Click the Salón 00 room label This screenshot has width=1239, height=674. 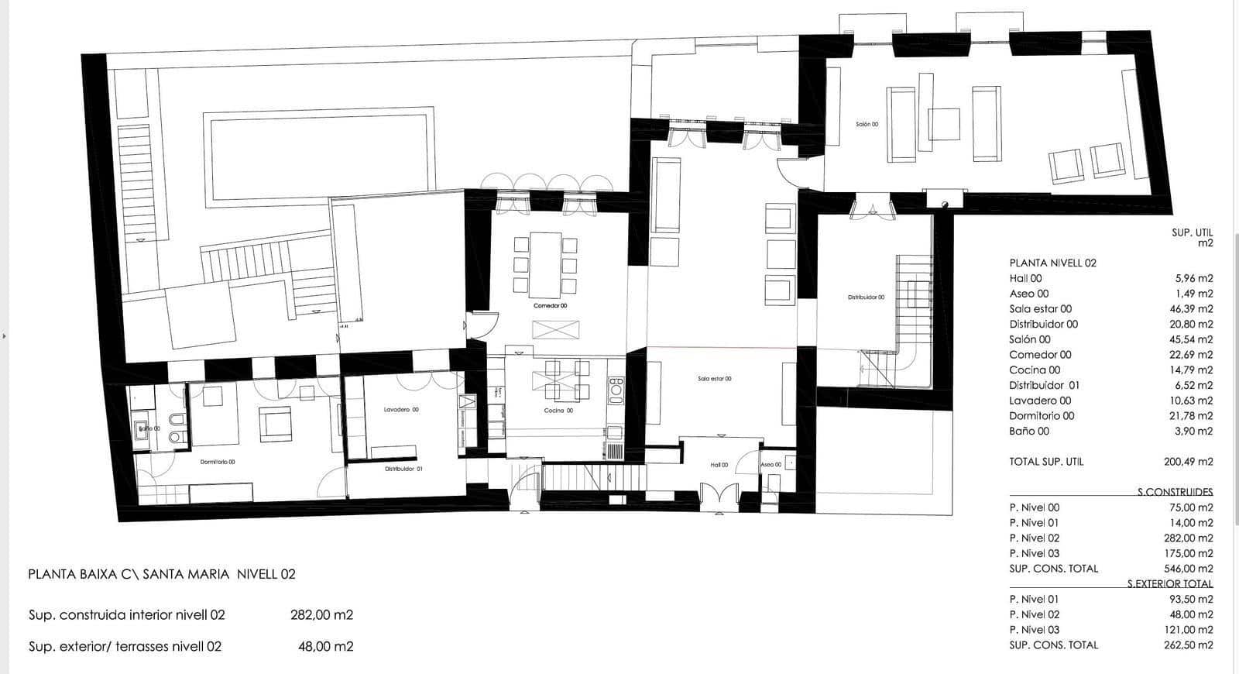pyautogui.click(x=867, y=124)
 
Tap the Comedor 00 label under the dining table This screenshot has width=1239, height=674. pyautogui.click(x=550, y=305)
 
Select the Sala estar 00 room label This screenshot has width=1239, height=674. pyautogui.click(x=714, y=379)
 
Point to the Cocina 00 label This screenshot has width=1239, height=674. pyautogui.click(x=558, y=410)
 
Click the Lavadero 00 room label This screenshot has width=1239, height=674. pyautogui.click(x=401, y=409)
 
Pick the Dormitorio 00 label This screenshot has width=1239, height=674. pyautogui.click(x=218, y=462)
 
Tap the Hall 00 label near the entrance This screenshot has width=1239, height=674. pyautogui.click(x=719, y=465)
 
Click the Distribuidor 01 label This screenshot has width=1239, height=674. pyautogui.click(x=403, y=469)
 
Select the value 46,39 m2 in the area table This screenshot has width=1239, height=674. pyautogui.click(x=1194, y=308)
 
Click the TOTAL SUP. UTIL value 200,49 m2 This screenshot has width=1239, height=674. pyautogui.click(x=1188, y=461)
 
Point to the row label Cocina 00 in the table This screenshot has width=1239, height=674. pyautogui.click(x=1035, y=370)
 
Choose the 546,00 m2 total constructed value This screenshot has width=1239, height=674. pyautogui.click(x=1188, y=568)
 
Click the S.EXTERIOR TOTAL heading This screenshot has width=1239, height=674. pyautogui.click(x=1169, y=583)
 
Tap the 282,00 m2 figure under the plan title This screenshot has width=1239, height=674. pyautogui.click(x=321, y=614)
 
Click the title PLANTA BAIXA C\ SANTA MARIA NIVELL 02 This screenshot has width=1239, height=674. pyautogui.click(x=162, y=574)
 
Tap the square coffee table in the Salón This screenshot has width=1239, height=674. pyautogui.click(x=944, y=124)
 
